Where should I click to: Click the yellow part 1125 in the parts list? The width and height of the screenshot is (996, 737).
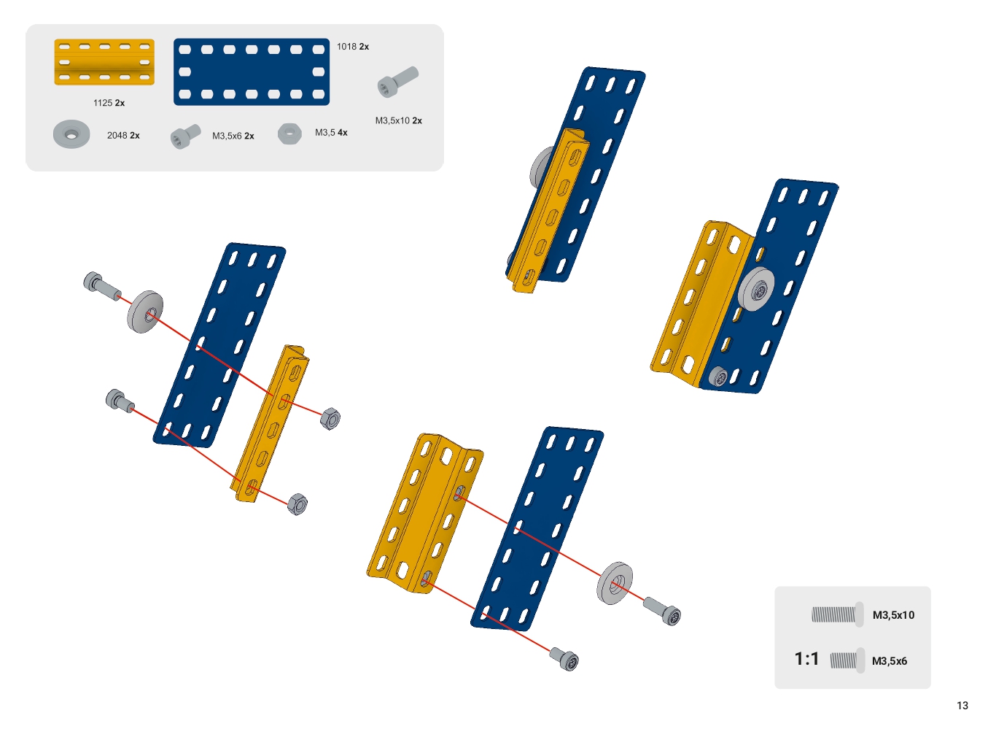coord(104,62)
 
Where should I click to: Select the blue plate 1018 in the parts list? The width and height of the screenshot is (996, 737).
coord(252,72)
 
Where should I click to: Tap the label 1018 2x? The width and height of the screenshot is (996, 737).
coord(353,47)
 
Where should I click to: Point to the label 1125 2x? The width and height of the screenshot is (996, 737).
coord(109,103)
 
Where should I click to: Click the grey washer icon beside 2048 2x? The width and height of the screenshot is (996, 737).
coord(71,134)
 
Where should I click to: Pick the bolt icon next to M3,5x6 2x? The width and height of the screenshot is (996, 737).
coord(185,136)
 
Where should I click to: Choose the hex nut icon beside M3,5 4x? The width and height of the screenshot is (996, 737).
coord(289,133)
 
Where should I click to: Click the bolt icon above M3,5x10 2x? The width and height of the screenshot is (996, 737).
coord(397,81)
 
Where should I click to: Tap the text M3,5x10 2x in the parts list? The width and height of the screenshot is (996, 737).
coord(399,121)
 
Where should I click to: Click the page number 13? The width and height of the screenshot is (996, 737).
coord(962,706)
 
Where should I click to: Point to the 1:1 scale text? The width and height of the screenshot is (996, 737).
coord(806,659)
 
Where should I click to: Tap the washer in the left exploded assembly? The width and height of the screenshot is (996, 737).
coord(145,312)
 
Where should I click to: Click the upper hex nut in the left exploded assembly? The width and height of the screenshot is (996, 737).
coord(330,419)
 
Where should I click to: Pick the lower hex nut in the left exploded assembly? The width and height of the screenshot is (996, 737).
coord(297,504)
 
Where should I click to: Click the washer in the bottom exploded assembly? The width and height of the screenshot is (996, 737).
coord(615,583)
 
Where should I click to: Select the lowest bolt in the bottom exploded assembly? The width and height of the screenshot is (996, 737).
coord(564,659)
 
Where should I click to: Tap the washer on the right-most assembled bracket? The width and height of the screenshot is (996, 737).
coord(756,290)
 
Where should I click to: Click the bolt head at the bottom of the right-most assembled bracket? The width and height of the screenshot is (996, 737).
coord(718,377)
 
